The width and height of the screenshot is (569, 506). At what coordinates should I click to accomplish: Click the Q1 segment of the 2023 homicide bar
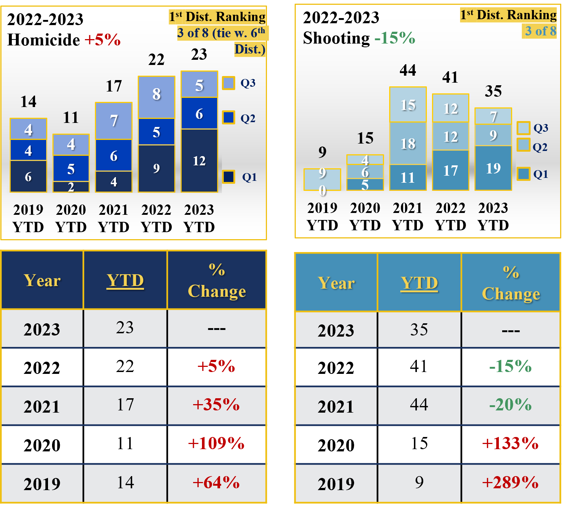point(199,161)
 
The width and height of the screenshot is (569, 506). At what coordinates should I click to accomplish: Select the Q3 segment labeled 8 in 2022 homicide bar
point(156,97)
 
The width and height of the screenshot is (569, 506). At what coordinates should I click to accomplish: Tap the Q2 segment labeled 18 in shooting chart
point(408,143)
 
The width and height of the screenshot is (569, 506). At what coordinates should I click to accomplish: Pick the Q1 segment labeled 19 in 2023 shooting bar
point(493,168)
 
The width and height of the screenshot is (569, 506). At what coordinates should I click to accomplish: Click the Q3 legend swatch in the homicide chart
point(229,83)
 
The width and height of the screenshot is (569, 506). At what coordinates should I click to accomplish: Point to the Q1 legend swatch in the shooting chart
point(523,173)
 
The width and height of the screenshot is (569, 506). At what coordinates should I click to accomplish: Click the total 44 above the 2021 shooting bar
point(408,70)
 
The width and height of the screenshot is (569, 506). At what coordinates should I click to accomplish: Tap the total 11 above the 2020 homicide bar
point(71,118)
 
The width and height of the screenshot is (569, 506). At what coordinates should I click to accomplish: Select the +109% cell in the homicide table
point(216,443)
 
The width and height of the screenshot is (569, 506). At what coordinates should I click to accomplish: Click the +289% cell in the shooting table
point(510,482)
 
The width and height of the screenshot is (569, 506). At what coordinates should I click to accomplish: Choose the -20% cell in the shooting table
point(510,405)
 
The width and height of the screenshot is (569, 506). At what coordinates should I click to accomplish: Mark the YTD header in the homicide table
point(125,280)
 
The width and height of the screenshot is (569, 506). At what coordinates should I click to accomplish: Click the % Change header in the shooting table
point(511,283)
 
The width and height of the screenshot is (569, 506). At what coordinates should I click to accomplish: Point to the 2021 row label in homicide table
point(42,406)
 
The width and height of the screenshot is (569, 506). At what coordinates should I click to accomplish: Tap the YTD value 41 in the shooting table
point(419,366)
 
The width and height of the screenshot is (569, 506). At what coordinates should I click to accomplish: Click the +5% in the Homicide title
point(103,40)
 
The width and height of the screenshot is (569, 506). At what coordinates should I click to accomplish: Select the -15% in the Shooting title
point(395,38)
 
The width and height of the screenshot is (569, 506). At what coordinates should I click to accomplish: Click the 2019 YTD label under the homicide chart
point(28,218)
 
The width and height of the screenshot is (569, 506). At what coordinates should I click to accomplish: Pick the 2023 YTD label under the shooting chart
point(493,217)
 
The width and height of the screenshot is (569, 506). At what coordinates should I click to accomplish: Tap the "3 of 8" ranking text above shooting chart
point(540,31)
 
